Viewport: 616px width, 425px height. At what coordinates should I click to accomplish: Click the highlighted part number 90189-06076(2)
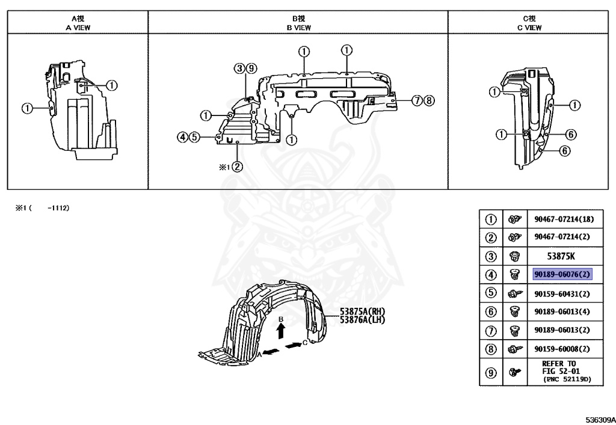[562, 275]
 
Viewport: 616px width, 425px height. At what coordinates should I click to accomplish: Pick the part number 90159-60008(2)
[562, 349]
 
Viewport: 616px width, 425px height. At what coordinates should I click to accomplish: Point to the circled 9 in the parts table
[491, 373]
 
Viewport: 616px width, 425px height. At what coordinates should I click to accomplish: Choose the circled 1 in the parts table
[491, 219]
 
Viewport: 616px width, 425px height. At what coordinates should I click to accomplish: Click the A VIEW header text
[78, 28]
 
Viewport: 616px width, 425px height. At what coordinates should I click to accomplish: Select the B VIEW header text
[298, 28]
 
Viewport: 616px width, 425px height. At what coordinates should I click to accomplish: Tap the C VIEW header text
[532, 28]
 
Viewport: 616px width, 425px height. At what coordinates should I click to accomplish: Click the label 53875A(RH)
[362, 311]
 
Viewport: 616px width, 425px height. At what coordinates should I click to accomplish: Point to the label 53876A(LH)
[362, 320]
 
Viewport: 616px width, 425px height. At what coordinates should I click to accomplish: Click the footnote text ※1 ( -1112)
[42, 208]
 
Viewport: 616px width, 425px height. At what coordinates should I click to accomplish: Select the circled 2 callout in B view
[238, 167]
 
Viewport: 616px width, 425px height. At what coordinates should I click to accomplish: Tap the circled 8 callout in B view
[428, 101]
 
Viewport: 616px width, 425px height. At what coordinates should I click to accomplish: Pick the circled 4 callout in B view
[181, 137]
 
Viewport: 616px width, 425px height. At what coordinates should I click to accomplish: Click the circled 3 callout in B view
[239, 68]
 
